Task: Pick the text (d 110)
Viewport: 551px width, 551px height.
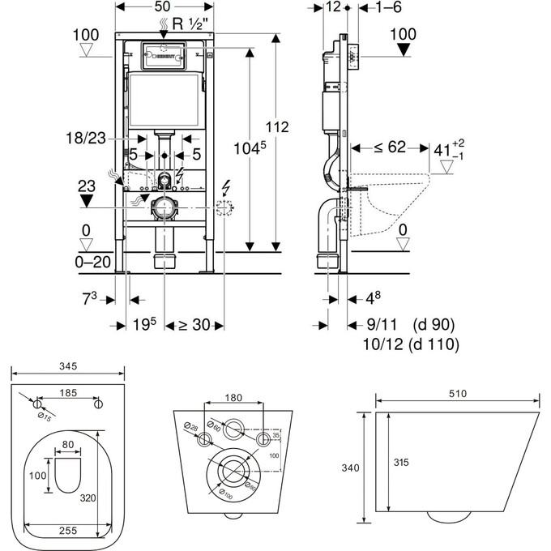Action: (x=434, y=344)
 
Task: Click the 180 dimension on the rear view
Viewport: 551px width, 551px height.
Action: (x=233, y=398)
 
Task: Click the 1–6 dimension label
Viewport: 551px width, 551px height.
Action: (x=371, y=7)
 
